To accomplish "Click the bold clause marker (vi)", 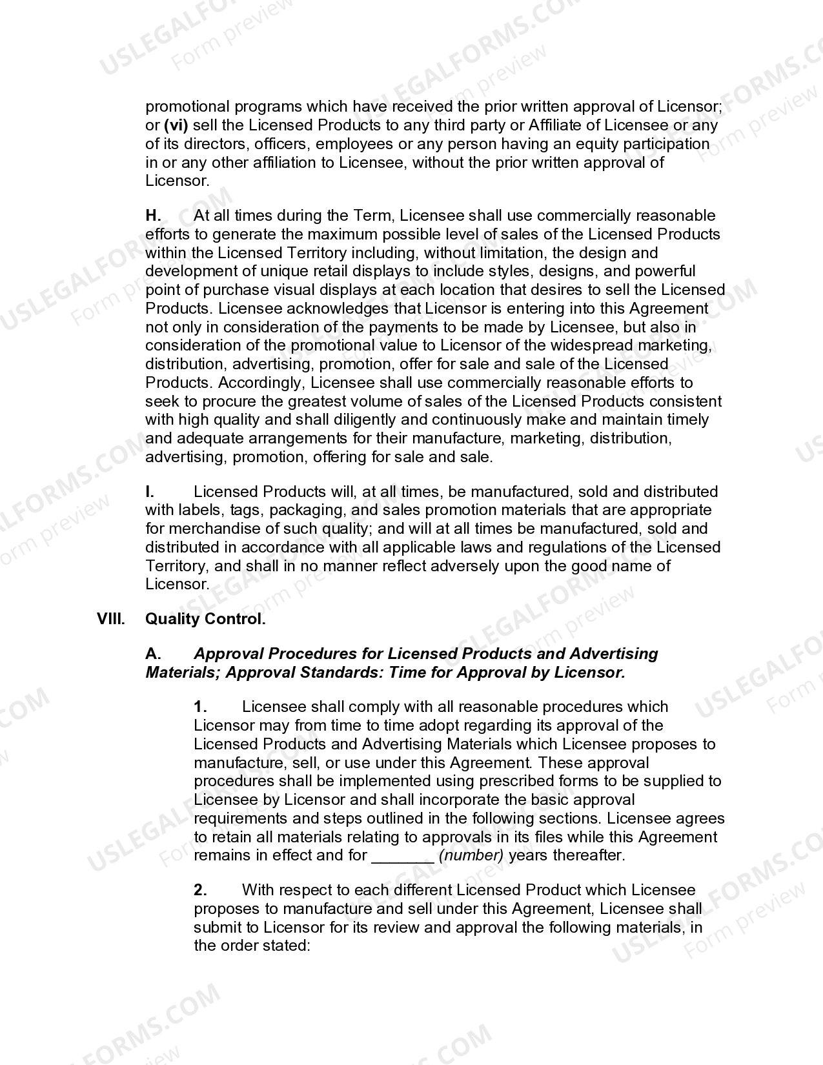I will tap(176, 125).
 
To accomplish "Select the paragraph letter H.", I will tap(153, 216).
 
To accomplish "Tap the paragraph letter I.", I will tap(150, 492).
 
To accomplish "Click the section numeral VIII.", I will tap(110, 619).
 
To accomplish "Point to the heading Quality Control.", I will tap(205, 619).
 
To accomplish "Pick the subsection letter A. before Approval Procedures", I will tap(153, 654).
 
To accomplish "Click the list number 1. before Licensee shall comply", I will tap(201, 707).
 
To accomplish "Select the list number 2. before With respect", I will tap(201, 890).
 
